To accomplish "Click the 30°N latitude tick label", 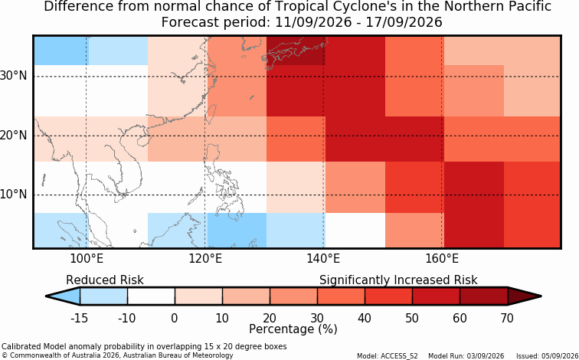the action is click(14, 76).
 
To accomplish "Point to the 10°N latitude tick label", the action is click(14, 195).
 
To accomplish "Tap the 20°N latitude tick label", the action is click(14, 136).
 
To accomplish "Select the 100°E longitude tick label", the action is click(87, 259).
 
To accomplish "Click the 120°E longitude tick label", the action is click(205, 259).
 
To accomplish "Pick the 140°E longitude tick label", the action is click(323, 259).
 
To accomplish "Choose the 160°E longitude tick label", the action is click(442, 259).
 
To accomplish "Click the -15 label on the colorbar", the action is click(79, 318).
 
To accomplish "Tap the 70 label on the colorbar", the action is click(507, 318).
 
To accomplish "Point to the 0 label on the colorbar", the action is click(175, 318).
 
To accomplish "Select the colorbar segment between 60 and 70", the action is click(484, 296).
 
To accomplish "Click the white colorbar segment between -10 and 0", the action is click(151, 296).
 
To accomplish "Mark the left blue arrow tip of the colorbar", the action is click(46, 296).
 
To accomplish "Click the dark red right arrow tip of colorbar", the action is click(541, 296).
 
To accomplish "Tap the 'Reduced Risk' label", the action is click(105, 280).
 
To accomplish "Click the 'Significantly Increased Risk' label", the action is click(398, 280).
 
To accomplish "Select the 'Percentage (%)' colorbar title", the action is click(293, 329).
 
